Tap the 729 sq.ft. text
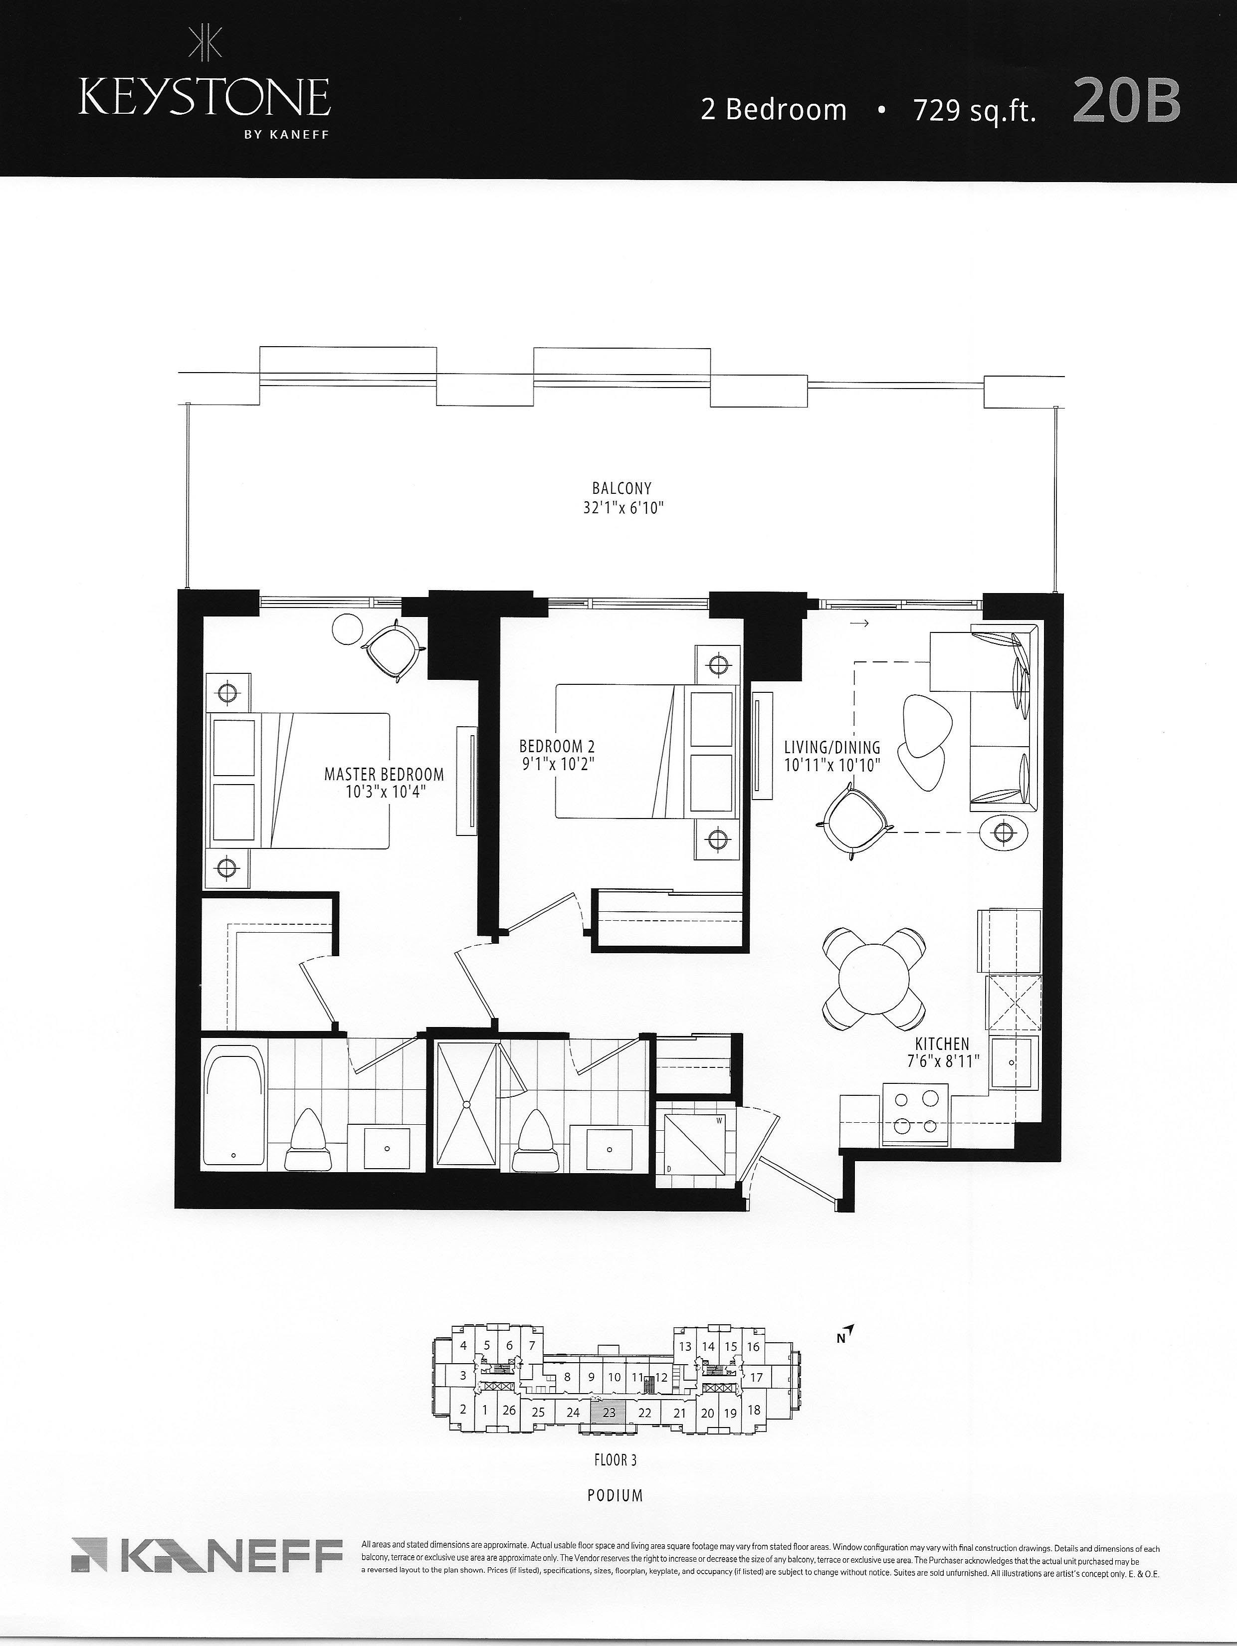(975, 111)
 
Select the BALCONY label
(622, 489)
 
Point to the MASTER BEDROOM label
(384, 775)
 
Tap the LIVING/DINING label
(832, 747)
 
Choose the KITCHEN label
(942, 1044)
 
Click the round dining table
(874, 977)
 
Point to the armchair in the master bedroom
(392, 649)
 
